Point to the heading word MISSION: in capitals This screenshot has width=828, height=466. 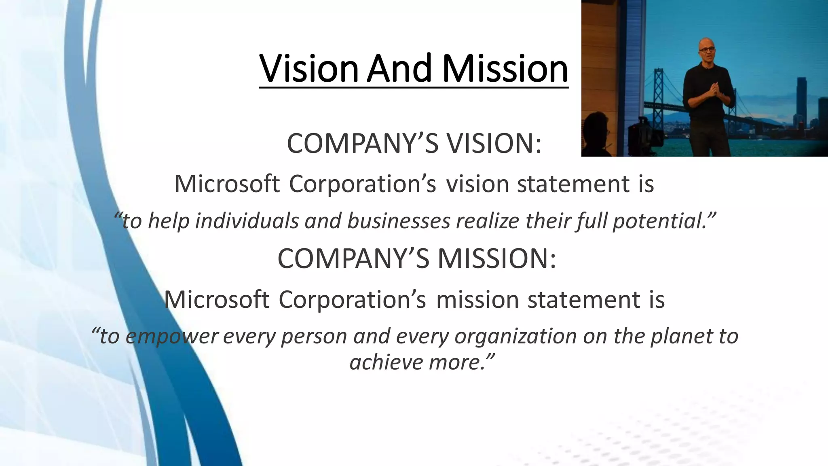[x=497, y=258]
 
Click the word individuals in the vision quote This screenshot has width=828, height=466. [x=247, y=221]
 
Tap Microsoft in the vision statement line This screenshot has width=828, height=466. [x=227, y=184]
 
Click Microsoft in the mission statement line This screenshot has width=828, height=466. [x=216, y=300]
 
